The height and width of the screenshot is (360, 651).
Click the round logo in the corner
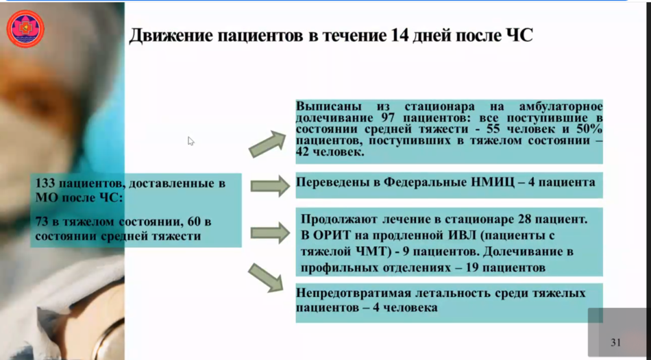point(25,29)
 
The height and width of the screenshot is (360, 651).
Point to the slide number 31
point(616,343)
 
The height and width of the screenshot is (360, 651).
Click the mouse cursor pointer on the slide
point(191,141)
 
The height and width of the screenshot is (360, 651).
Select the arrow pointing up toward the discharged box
point(267,144)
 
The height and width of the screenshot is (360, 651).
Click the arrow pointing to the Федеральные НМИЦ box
point(270,186)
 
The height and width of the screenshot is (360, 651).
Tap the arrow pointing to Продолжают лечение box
point(270,232)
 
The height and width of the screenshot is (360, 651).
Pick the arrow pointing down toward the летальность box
point(266,277)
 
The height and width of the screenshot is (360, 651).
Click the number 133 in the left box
point(45,183)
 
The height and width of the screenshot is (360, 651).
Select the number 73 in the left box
point(42,221)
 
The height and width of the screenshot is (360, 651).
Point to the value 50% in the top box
point(589,129)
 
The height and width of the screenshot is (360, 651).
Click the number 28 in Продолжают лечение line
point(525,219)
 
